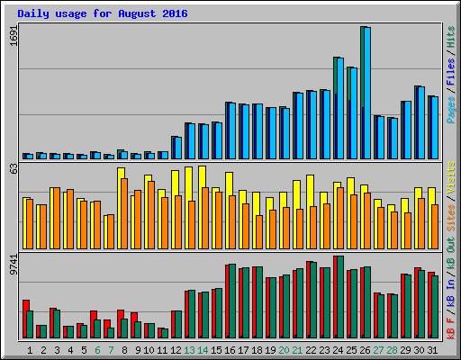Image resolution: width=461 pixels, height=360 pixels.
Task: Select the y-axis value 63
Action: (x=13, y=168)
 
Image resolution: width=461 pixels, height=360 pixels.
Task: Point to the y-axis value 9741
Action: (x=13, y=266)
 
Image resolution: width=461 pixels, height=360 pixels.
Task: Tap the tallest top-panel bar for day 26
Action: (x=366, y=90)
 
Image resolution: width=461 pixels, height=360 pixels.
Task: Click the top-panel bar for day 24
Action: (x=339, y=108)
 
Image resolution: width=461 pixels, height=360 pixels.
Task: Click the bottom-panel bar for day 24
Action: (x=339, y=297)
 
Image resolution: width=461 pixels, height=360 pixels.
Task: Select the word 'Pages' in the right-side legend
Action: (x=450, y=108)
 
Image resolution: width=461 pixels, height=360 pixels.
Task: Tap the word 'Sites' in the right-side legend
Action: (x=450, y=216)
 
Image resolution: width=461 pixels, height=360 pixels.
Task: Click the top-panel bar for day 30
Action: (x=420, y=122)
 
